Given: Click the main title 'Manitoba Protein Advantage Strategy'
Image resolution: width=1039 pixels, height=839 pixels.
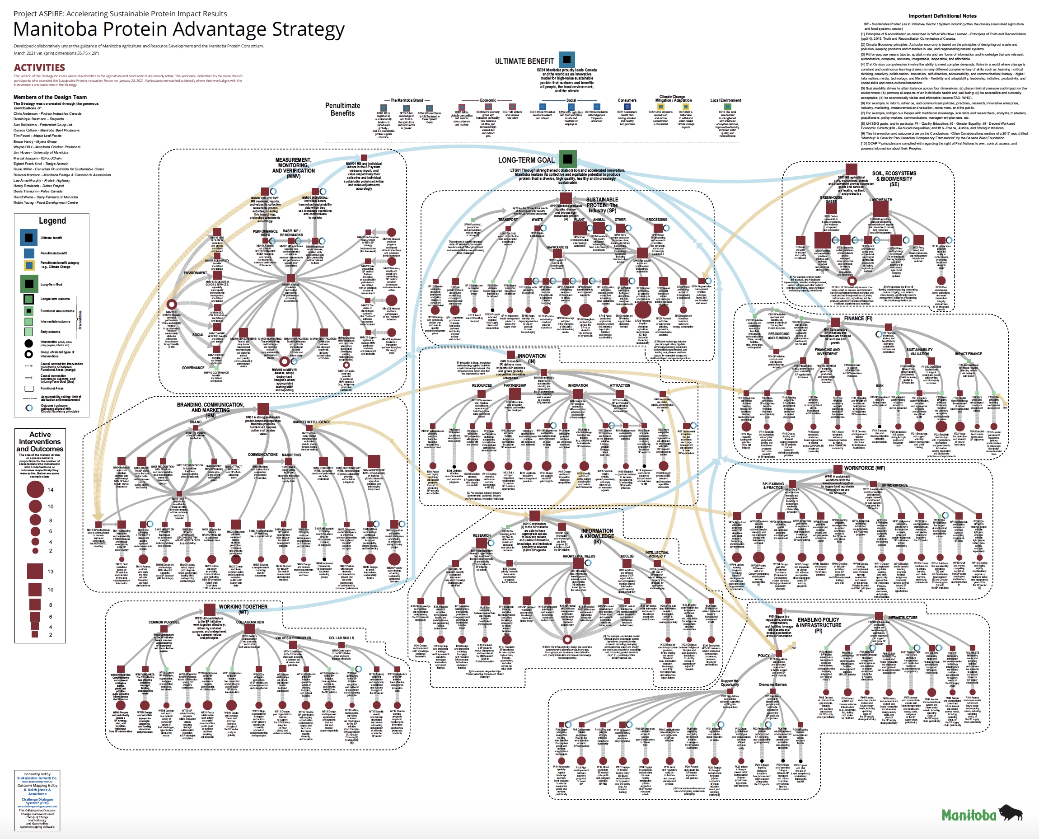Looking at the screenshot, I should click(179, 29).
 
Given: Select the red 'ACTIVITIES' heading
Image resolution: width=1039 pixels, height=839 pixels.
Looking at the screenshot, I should click(39, 68).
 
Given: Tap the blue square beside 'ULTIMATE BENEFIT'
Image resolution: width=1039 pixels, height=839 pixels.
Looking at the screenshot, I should click(567, 60).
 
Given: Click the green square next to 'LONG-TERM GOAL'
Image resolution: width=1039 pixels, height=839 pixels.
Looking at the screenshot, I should click(568, 159).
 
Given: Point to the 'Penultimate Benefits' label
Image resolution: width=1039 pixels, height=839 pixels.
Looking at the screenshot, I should click(342, 109).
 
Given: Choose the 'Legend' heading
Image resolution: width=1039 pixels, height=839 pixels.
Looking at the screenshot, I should click(52, 221).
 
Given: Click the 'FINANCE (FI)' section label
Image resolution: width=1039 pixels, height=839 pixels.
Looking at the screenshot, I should click(858, 319).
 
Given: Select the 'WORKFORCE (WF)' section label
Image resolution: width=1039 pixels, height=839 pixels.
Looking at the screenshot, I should click(864, 468).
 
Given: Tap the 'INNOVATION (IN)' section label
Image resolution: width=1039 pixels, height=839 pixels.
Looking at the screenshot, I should click(531, 358).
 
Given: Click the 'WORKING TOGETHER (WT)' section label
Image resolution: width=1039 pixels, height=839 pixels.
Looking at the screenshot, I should click(243, 609).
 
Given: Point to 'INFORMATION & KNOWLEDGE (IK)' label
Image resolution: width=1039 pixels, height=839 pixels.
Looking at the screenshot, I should click(597, 533).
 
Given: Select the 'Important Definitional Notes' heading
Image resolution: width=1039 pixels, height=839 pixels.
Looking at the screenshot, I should click(942, 16).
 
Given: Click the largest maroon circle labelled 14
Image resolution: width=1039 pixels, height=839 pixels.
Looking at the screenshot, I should click(35, 489).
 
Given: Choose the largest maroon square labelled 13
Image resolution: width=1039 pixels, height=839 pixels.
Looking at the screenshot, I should click(35, 571).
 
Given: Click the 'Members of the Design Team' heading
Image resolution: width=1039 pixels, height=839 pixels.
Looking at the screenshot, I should click(50, 97).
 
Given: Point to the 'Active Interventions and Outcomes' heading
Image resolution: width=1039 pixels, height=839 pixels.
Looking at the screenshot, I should click(40, 442).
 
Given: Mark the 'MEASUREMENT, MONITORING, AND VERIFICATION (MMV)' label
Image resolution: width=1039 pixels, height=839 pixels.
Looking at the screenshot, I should click(293, 168).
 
